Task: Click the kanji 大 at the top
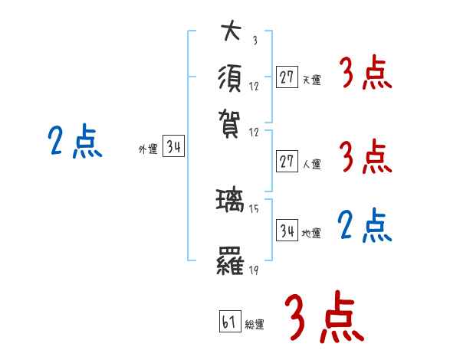click(230, 33)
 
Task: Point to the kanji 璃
click(230, 202)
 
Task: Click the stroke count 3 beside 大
click(254, 41)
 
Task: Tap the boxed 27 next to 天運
click(287, 77)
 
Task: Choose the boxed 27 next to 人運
click(287, 162)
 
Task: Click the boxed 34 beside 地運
click(287, 230)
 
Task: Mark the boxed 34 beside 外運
click(173, 148)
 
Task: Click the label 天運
click(311, 79)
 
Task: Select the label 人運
click(311, 164)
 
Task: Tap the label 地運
click(311, 233)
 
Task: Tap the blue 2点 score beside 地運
click(365, 227)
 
